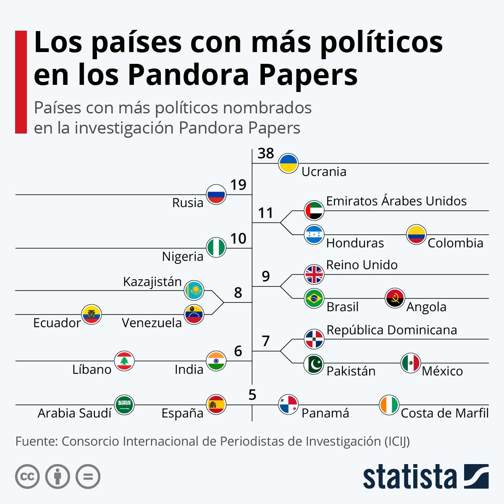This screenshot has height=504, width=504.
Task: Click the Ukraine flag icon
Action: tap(289, 163)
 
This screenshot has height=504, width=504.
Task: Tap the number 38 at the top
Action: tap(265, 153)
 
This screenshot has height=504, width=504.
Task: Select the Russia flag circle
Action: tap(216, 194)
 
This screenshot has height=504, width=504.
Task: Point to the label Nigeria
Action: tap(182, 256)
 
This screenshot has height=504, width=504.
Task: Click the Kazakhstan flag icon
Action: tap(194, 290)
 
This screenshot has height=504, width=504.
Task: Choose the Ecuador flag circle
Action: tap(92, 314)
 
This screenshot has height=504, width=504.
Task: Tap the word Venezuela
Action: tap(152, 323)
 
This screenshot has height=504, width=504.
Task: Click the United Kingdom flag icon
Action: tap(314, 275)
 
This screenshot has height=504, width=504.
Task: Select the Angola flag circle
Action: tap(395, 298)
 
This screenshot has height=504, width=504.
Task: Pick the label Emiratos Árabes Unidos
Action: tap(396, 201)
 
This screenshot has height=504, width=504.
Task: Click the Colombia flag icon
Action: tap(416, 235)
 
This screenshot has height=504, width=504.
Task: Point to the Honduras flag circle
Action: tap(314, 235)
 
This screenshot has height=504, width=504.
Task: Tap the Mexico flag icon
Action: tap(410, 363)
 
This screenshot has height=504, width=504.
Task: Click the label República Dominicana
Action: tap(391, 330)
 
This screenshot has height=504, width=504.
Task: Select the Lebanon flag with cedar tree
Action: tap(124, 361)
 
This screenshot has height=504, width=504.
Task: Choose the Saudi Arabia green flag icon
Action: tap(124, 405)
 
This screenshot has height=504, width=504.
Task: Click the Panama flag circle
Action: tap(289, 405)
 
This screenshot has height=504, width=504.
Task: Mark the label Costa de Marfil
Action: tap(444, 413)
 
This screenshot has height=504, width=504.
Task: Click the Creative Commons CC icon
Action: tap(27, 477)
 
